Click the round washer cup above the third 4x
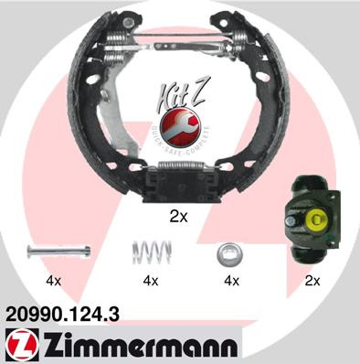click(228, 252)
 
